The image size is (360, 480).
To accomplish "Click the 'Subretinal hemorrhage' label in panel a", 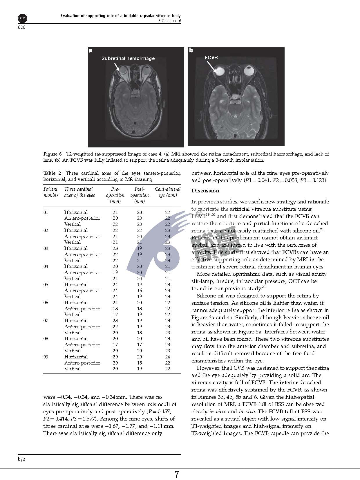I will [128, 58].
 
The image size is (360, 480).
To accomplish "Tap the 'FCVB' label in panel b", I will [211, 57].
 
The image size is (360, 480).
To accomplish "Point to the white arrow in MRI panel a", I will [117, 67].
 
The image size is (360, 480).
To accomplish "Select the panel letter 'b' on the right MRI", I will [191, 50].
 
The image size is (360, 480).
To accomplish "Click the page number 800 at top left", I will [22, 27].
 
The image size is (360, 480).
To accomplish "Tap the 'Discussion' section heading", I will [205, 191].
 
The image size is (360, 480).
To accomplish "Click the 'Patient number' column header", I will [51, 192].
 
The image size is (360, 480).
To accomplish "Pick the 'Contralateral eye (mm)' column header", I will [168, 192].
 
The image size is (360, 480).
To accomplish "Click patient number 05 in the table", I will [46, 284].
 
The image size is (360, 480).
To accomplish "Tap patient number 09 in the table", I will [46, 357].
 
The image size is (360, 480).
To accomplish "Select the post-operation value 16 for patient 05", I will [140, 290].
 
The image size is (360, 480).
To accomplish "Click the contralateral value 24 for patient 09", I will [167, 357].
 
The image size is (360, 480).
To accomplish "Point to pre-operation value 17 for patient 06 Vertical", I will [115, 314].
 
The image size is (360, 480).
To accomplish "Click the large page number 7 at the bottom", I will [177, 474].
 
